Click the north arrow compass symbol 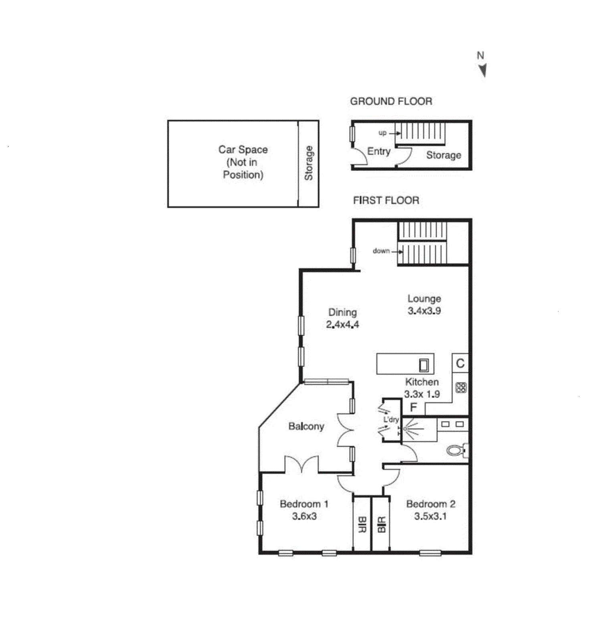click(x=483, y=70)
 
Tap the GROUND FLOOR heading click(x=391, y=102)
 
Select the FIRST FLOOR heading click(x=386, y=200)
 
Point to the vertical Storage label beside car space click(x=309, y=163)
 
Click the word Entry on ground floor click(x=378, y=151)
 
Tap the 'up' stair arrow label click(x=383, y=133)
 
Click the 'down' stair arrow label click(x=381, y=251)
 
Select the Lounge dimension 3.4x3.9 click(x=424, y=311)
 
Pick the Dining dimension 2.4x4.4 click(x=342, y=325)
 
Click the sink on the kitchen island click(x=424, y=365)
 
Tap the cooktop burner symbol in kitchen click(x=461, y=388)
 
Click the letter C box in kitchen click(x=460, y=363)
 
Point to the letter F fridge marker click(x=413, y=408)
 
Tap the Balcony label click(x=306, y=426)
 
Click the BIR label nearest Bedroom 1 click(x=362, y=524)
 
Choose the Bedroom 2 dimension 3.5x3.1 click(x=430, y=516)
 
